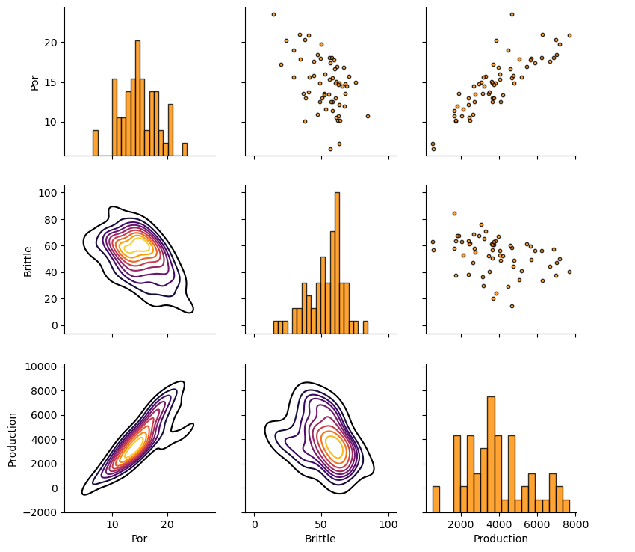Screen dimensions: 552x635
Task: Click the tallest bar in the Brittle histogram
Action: coord(337,263)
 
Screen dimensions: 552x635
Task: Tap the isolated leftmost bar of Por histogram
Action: coord(96,143)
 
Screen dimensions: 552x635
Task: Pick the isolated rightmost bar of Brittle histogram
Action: coord(365,327)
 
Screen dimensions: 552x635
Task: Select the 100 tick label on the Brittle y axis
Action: coord(46,192)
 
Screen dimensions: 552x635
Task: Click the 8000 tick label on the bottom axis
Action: coord(575,525)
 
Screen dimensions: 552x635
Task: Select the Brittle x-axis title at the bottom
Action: coord(320,539)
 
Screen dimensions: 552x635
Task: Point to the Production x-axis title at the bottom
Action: coord(501,539)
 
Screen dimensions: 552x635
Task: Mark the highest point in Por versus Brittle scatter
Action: coord(273,14)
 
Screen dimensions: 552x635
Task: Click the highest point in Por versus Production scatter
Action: coord(512,14)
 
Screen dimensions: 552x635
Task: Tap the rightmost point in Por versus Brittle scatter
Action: coord(368,116)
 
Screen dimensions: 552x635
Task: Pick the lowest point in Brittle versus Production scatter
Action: coord(512,306)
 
